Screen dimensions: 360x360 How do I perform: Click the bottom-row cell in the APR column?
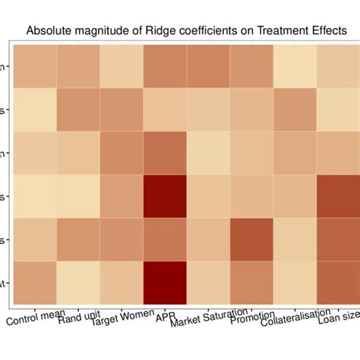[x=166, y=283]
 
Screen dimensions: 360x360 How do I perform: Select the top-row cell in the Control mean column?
[x=35, y=67]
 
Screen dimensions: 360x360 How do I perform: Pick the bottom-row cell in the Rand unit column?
[x=78, y=283]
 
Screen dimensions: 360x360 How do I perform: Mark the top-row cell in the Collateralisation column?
[x=295, y=67]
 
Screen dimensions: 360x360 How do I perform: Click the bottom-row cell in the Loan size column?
[x=339, y=283]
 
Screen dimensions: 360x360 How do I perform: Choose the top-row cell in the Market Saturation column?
[x=209, y=67]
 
